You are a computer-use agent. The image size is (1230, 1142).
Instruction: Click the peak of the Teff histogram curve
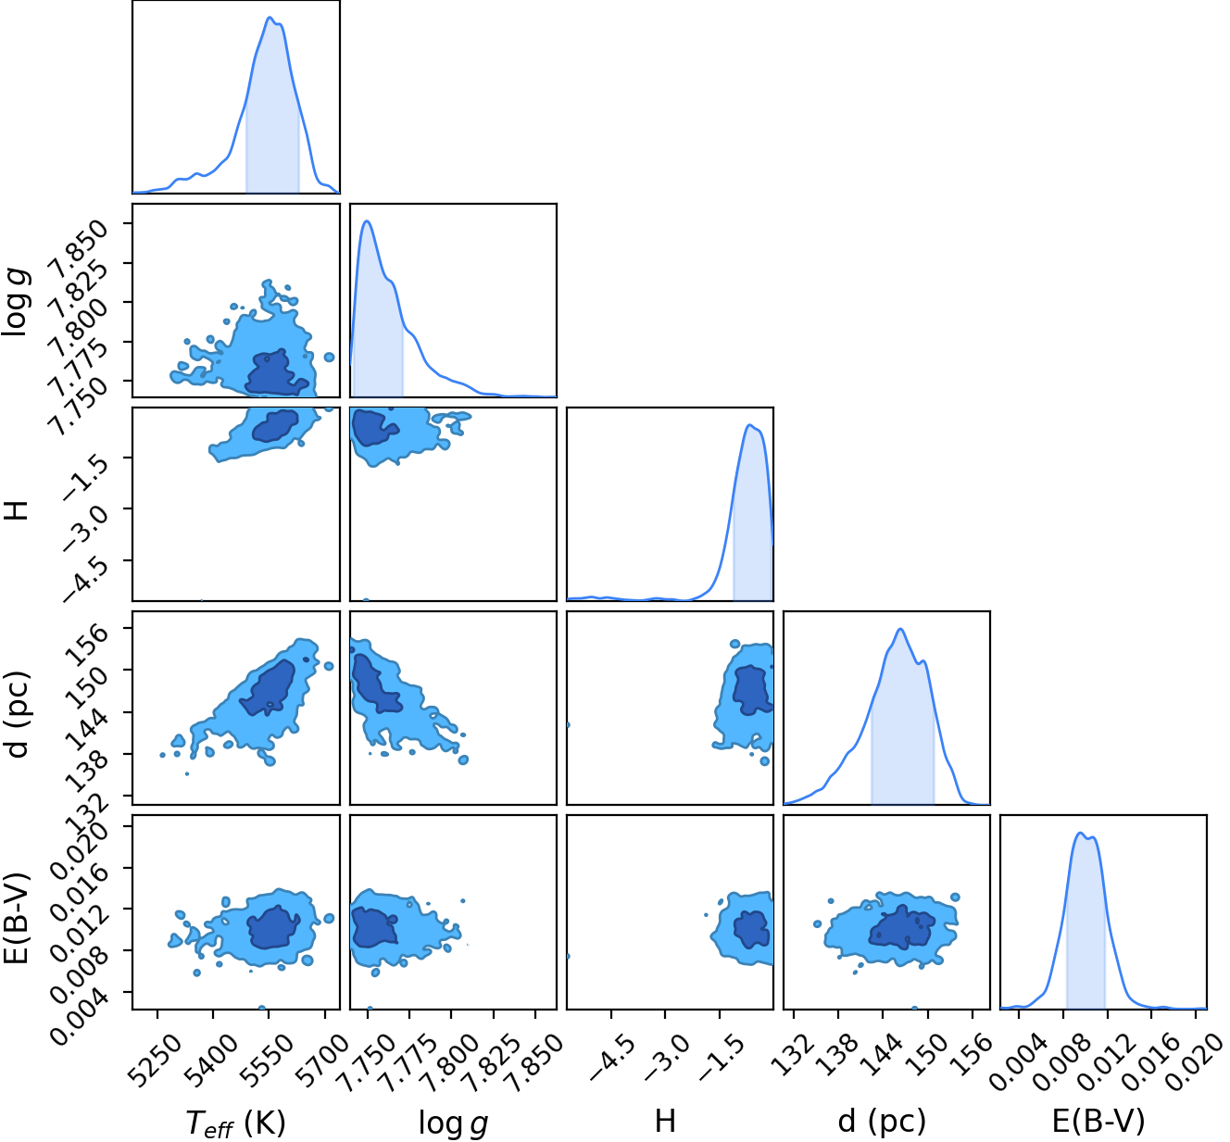(270, 18)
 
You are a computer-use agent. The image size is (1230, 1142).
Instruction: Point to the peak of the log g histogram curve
(368, 221)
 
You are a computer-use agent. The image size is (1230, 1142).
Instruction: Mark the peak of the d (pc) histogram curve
(900, 630)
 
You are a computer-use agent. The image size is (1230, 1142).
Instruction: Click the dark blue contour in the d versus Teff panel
(268, 688)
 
